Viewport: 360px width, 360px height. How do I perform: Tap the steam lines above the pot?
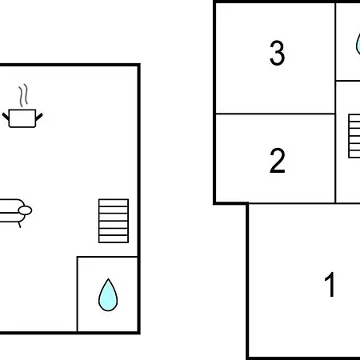click(23, 96)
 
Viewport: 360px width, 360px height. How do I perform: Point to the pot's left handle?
click(6, 116)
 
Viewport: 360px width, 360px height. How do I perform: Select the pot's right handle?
click(39, 117)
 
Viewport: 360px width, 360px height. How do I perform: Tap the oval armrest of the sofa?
click(25, 210)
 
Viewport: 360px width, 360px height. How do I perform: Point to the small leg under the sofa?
click(19, 225)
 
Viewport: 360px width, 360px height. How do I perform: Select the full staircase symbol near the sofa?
click(114, 221)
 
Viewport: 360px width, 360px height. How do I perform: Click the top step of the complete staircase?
click(114, 202)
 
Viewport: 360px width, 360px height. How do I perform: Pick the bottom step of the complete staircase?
click(114, 239)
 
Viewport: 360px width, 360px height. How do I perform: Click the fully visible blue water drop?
click(108, 295)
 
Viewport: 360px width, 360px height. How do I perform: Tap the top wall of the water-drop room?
click(107, 257)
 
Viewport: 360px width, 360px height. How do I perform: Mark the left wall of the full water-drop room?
click(78, 294)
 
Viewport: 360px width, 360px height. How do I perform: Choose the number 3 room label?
click(277, 53)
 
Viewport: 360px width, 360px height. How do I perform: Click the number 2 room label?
click(278, 161)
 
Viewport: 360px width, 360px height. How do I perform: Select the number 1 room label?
click(330, 284)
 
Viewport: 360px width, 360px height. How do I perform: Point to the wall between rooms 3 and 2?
click(275, 114)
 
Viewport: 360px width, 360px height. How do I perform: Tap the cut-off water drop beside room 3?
click(358, 44)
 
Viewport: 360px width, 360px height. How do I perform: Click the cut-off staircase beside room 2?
click(354, 136)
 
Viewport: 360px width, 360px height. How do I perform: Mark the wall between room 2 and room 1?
click(292, 203)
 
